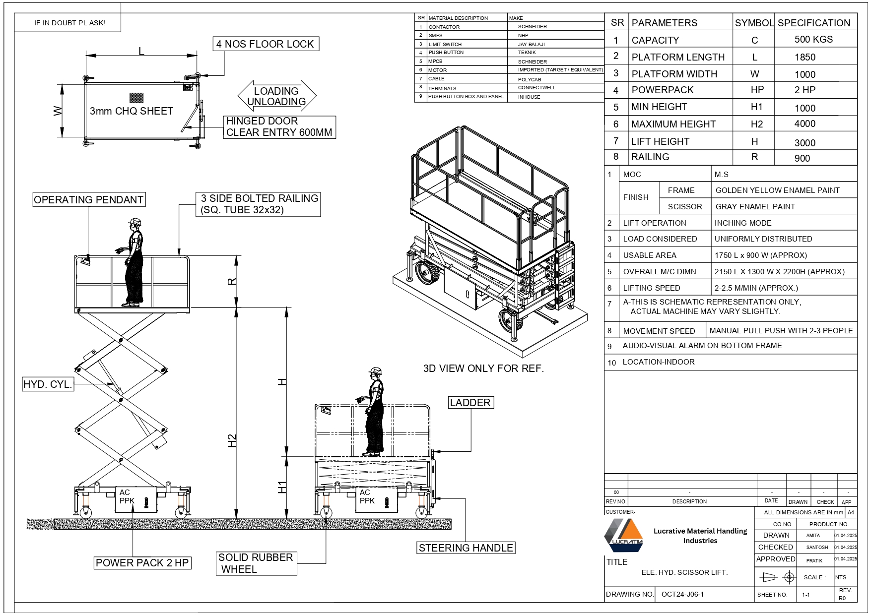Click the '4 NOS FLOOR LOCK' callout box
tap(266, 44)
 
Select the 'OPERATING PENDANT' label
tap(89, 199)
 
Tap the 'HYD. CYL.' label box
tap(48, 384)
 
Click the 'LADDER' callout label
tap(470, 402)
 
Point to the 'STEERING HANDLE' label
tap(466, 548)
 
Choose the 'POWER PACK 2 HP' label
tap(142, 562)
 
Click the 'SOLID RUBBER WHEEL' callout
tap(256, 563)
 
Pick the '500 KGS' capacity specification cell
tap(813, 40)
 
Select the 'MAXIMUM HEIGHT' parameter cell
tap(673, 124)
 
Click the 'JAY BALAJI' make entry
tap(532, 44)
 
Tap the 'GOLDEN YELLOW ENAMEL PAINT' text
tap(777, 190)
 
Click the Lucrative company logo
tap(623, 535)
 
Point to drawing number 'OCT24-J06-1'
tap(682, 594)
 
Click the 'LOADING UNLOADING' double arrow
tap(277, 96)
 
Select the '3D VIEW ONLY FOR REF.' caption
tap(483, 369)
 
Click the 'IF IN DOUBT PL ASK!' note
tap(70, 23)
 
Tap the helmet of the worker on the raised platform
tap(134, 221)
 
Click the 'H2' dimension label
tap(232, 440)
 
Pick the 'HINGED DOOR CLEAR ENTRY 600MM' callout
tap(279, 127)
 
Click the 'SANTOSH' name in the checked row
tap(817, 548)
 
